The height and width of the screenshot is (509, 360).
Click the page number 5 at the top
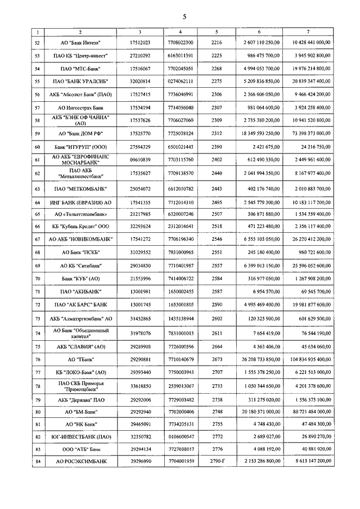pos(184,16)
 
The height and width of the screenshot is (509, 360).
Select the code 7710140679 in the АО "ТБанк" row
pos(180,359)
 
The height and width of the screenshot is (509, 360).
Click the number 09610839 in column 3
pos(139,160)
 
